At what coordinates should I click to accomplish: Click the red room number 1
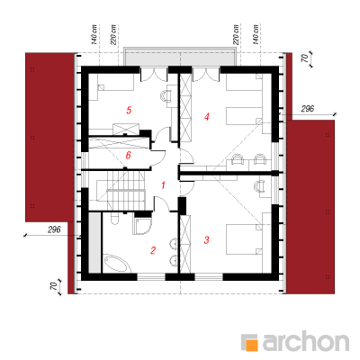click(163, 185)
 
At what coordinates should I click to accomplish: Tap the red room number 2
click(153, 250)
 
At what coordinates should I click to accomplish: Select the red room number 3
click(206, 240)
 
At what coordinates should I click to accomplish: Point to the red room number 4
click(206, 116)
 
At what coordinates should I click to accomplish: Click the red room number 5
click(129, 110)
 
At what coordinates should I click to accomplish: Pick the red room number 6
click(128, 156)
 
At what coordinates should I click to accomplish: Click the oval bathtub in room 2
click(117, 264)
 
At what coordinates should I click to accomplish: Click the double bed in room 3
click(244, 239)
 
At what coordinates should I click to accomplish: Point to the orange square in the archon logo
click(252, 345)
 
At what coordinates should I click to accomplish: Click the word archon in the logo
click(306, 341)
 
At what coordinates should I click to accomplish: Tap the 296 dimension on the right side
click(308, 109)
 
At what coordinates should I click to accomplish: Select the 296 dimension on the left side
click(54, 229)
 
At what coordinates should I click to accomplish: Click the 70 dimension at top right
click(305, 58)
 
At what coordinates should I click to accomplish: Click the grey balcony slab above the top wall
click(180, 57)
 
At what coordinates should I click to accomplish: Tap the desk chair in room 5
click(164, 95)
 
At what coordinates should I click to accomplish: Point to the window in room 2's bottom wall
click(151, 277)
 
